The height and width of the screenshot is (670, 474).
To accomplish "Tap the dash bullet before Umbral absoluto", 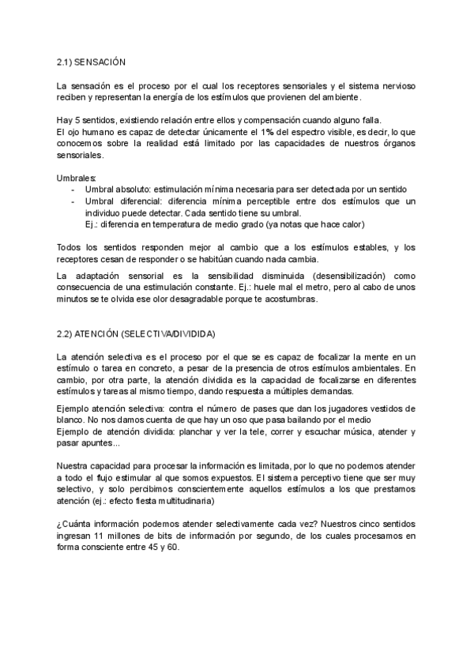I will (x=73, y=190).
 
